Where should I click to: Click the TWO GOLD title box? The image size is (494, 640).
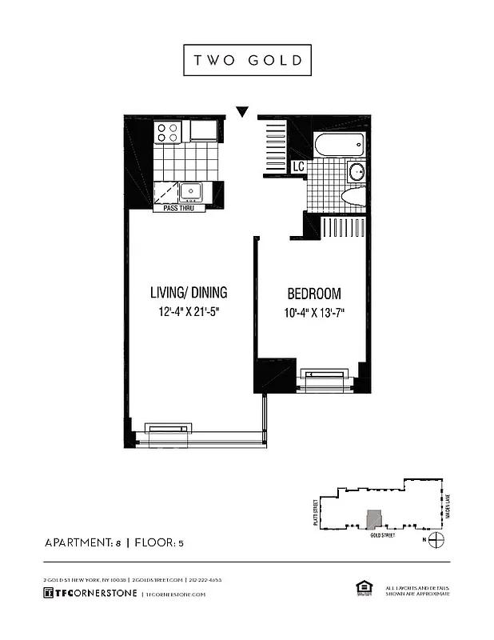click(x=247, y=60)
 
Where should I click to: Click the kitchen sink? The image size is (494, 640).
click(x=191, y=190)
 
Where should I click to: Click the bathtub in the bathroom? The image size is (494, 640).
click(x=340, y=146)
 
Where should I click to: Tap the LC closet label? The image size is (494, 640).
click(x=297, y=167)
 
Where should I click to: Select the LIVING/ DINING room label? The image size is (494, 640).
click(x=189, y=292)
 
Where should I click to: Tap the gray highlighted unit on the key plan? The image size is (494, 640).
click(x=372, y=520)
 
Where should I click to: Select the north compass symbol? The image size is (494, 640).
click(x=436, y=542)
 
